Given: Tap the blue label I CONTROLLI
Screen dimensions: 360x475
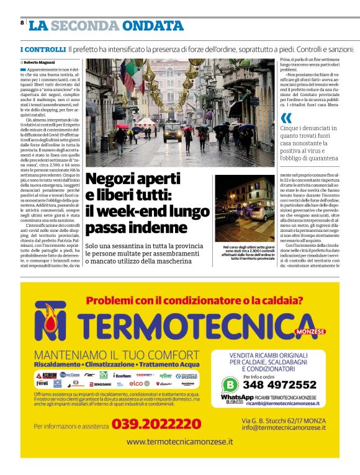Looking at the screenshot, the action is (x=43, y=49).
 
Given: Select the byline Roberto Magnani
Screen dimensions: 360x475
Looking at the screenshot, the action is (x=40, y=63).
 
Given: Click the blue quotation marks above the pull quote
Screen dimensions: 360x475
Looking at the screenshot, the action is (x=286, y=118).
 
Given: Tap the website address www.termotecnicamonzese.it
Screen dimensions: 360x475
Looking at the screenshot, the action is (x=179, y=442).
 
